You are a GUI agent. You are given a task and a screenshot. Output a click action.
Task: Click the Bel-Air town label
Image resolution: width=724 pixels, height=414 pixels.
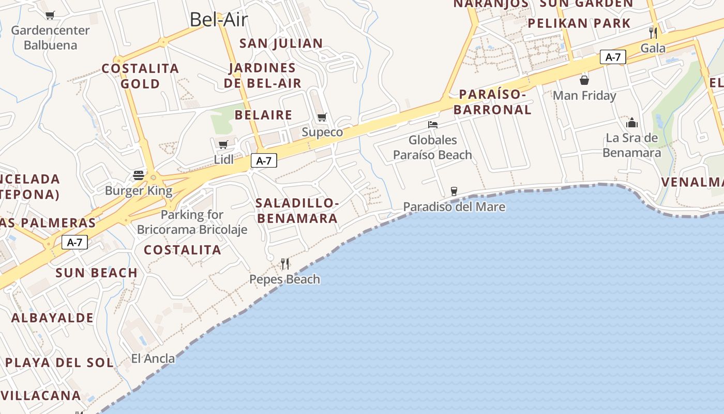click(x=219, y=20)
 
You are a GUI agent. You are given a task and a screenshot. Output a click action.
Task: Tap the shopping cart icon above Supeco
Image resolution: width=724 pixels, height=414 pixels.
click(x=322, y=117)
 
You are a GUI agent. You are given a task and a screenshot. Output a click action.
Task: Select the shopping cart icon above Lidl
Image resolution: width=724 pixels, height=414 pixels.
click(x=223, y=145)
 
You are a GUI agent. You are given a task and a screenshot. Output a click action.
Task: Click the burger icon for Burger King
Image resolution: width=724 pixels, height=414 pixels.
click(x=138, y=175)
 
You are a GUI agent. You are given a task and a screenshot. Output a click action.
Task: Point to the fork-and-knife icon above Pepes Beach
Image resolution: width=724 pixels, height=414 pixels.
click(x=285, y=264)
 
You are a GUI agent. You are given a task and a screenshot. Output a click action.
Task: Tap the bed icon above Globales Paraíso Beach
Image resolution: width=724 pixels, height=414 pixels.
click(x=433, y=125)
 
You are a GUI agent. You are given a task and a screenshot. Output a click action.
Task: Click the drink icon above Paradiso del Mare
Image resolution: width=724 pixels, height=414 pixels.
click(x=454, y=191)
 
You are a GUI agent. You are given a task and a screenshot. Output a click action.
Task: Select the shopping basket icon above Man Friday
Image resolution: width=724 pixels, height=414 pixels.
click(x=584, y=80)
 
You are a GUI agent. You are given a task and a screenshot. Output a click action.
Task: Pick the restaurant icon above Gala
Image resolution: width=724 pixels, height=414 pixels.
click(x=653, y=33)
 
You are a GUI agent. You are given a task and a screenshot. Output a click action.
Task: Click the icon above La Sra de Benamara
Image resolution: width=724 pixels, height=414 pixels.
click(x=632, y=123)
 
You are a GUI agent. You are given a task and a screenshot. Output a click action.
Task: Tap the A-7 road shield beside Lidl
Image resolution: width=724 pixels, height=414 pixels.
click(x=264, y=161)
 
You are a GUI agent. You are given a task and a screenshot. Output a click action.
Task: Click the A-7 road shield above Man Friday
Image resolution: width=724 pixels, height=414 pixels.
click(x=613, y=57)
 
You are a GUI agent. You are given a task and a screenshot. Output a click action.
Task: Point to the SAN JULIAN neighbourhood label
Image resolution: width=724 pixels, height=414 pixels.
click(x=281, y=43)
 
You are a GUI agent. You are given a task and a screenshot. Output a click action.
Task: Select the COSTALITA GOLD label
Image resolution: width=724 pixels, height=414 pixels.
click(x=140, y=76)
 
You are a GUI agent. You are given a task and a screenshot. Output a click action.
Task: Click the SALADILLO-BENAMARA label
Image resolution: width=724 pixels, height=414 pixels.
click(x=297, y=211)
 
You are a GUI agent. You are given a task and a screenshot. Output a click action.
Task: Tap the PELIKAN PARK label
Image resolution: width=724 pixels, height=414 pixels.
click(x=579, y=23)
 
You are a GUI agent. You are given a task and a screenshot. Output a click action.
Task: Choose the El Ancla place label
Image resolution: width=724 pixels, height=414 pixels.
click(x=153, y=358)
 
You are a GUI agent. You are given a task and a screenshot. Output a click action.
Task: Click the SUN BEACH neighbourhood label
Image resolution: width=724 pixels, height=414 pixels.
click(x=97, y=273)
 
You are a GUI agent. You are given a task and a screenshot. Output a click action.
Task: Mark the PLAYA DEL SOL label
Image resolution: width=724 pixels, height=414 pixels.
click(x=59, y=363)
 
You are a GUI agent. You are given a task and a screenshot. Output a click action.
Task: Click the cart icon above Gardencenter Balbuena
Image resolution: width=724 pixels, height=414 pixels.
click(x=50, y=16)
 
